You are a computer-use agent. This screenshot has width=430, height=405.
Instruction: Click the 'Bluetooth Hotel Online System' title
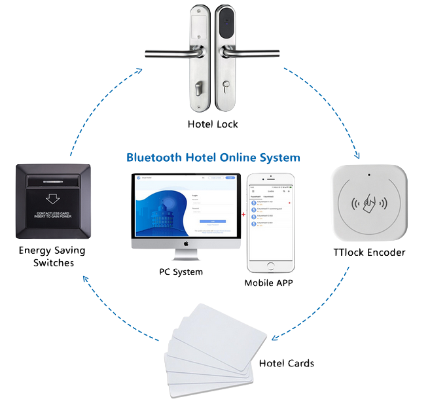(213, 158)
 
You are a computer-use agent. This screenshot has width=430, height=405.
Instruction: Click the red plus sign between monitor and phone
(242, 214)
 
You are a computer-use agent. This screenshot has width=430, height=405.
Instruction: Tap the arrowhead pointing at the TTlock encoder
(358, 156)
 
